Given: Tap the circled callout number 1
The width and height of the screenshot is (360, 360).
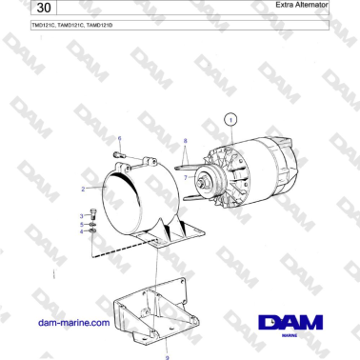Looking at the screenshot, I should pyautogui.click(x=230, y=119).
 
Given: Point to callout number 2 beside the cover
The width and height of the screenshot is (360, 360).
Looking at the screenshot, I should pyautogui.click(x=83, y=189).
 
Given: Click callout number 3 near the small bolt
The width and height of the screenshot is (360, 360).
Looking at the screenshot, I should pyautogui.click(x=81, y=216).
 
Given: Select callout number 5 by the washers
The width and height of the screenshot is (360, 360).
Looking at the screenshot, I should pyautogui.click(x=81, y=224).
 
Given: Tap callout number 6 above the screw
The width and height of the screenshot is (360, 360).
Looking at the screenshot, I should pyautogui.click(x=119, y=139).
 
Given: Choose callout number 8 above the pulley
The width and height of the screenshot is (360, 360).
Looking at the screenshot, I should pyautogui.click(x=186, y=140).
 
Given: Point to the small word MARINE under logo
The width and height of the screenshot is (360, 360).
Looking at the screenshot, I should pyautogui.click(x=290, y=337).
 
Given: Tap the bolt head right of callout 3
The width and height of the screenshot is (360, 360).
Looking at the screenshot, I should pyautogui.click(x=91, y=217).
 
